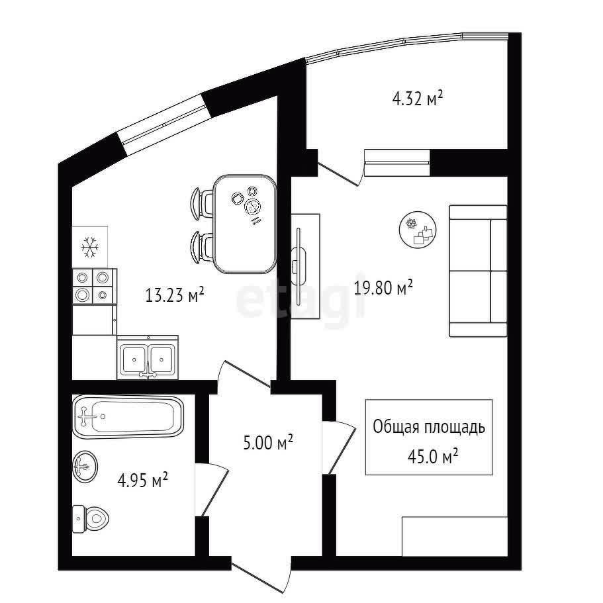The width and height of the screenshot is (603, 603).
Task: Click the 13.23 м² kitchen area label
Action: click(x=175, y=295)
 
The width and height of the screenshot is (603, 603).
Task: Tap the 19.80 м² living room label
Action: click(x=383, y=287)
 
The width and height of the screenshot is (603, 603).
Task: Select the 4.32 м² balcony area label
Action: click(x=418, y=98)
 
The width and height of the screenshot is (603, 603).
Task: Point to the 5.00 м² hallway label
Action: click(x=269, y=443)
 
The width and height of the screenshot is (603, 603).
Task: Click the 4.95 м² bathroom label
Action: click(x=143, y=481)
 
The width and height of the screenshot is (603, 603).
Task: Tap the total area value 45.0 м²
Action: click(x=433, y=457)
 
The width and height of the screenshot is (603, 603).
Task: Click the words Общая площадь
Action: click(x=429, y=427)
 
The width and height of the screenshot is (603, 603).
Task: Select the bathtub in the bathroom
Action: click(x=128, y=416)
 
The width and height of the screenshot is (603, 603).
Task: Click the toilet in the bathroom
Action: click(x=91, y=518)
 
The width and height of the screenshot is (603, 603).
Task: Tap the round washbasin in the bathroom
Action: click(x=85, y=467)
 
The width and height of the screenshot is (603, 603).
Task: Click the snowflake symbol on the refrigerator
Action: click(x=90, y=248)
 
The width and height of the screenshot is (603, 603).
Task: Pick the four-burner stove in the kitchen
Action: click(x=93, y=287)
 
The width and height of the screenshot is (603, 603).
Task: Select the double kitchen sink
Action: click(x=148, y=357)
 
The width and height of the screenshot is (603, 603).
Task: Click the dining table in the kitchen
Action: click(x=245, y=224)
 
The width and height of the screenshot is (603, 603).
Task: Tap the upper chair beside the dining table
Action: click(x=203, y=204)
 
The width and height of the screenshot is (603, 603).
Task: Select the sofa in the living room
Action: click(x=478, y=271)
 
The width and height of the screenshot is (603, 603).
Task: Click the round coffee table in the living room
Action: click(x=418, y=230)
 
